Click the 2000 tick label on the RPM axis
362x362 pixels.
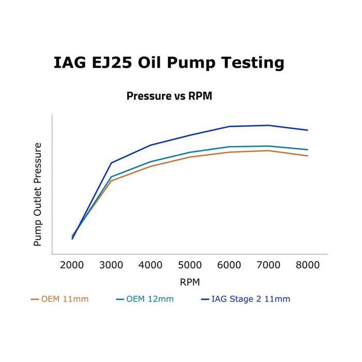(x=72, y=265)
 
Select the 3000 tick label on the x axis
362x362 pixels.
(x=111, y=265)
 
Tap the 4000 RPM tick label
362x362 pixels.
(x=150, y=265)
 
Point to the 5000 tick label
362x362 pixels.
(x=190, y=265)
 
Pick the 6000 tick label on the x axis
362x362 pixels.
(x=229, y=265)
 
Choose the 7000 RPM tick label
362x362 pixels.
(x=268, y=265)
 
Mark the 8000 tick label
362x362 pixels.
(x=308, y=265)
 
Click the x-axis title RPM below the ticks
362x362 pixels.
(x=190, y=282)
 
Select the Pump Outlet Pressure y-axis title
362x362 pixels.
(x=38, y=194)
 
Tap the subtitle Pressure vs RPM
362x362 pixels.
(x=169, y=96)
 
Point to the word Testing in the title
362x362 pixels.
(x=253, y=63)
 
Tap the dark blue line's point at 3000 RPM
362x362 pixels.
(x=111, y=163)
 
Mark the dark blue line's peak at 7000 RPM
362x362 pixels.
(x=268, y=125)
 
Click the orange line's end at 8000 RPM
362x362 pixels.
(x=308, y=156)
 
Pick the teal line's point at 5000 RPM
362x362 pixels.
(x=190, y=153)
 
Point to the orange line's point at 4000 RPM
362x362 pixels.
(x=150, y=166)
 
